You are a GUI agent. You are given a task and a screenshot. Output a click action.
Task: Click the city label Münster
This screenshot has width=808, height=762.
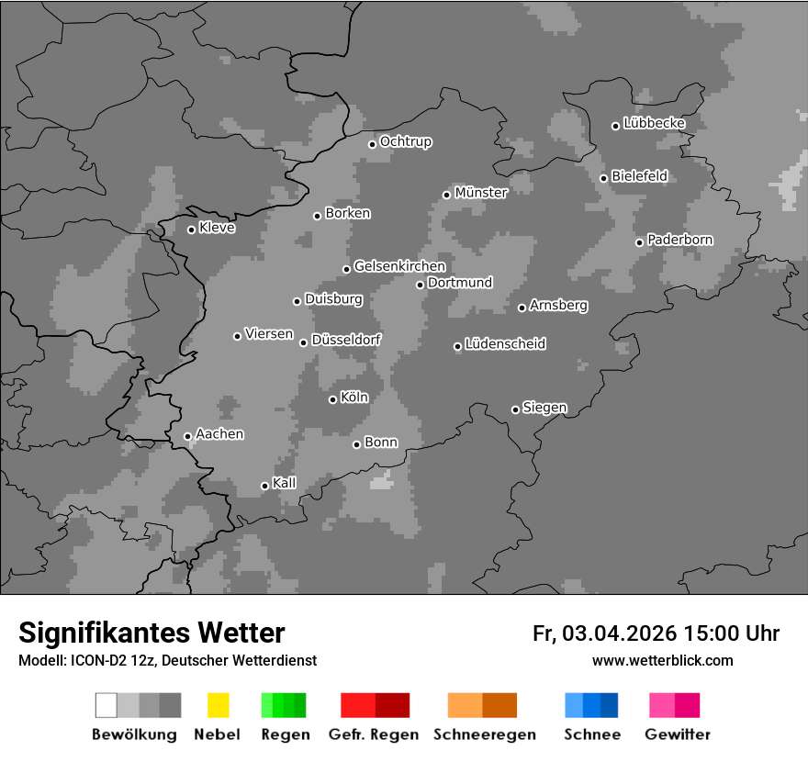(x=481, y=193)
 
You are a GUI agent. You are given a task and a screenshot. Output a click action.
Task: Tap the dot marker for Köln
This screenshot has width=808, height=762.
(x=332, y=399)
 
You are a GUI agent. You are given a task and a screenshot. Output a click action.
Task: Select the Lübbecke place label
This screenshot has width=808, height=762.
(x=654, y=123)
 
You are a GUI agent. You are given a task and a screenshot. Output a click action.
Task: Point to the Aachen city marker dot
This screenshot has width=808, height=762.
(x=187, y=436)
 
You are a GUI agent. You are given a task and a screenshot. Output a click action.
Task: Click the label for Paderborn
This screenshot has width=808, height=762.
(x=679, y=240)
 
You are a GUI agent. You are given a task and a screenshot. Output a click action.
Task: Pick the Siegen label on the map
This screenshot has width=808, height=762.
(x=544, y=408)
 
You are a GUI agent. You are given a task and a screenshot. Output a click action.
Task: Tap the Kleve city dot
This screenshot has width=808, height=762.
(x=191, y=230)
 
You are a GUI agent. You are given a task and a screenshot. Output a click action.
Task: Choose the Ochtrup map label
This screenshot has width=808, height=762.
(x=405, y=142)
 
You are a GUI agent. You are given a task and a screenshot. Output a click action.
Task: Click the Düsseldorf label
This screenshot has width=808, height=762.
(x=346, y=340)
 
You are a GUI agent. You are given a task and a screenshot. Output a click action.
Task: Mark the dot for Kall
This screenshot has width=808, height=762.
(x=264, y=486)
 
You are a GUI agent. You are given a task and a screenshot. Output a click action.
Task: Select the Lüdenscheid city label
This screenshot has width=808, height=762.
(x=505, y=344)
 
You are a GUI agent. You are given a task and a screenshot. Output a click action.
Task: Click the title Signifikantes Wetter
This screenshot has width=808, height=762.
(x=151, y=633)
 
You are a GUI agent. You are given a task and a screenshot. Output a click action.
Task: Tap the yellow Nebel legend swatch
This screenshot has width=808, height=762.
(x=218, y=705)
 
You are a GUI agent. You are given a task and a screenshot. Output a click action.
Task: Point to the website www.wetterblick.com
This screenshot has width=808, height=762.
(x=662, y=660)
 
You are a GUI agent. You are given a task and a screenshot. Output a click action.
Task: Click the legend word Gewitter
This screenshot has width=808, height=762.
(x=677, y=734)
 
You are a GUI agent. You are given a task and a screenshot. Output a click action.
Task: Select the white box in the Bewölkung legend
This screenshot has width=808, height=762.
(x=107, y=705)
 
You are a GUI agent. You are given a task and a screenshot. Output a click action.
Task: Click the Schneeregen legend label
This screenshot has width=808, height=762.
(x=485, y=734)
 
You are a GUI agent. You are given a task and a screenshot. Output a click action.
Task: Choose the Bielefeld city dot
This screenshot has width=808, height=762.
(x=603, y=178)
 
